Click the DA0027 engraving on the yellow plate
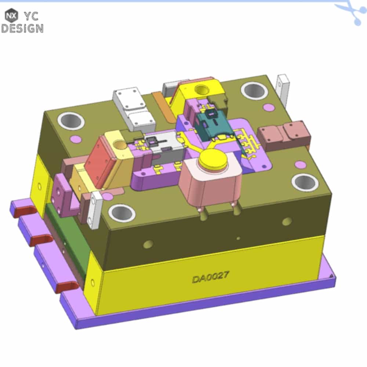coord(210,277)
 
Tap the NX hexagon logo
coord(11,16)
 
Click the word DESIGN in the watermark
coord(22,28)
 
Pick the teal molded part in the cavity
coord(214,126)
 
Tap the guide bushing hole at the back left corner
coord(71,121)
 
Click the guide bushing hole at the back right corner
coord(254,91)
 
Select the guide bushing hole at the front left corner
coord(121,213)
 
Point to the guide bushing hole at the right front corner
coord(305,182)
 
